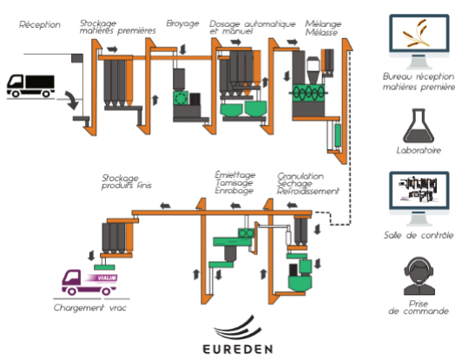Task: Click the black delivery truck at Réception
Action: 30,86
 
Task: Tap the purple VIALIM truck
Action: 89,282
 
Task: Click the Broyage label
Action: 182,23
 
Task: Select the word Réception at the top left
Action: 40,24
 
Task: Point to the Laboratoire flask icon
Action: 419,126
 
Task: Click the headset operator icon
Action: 419,276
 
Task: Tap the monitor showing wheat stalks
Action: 419,42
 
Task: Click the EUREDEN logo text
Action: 238,349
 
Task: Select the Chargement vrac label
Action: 90,308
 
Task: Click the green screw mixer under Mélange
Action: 308,93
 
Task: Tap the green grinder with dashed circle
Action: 181,98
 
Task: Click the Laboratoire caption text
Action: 419,150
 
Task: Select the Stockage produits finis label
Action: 127,182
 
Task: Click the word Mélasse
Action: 321,32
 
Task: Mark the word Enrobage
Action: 234,191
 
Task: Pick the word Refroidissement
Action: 308,192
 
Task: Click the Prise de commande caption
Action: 419,308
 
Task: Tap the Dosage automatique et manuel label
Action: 252,28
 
